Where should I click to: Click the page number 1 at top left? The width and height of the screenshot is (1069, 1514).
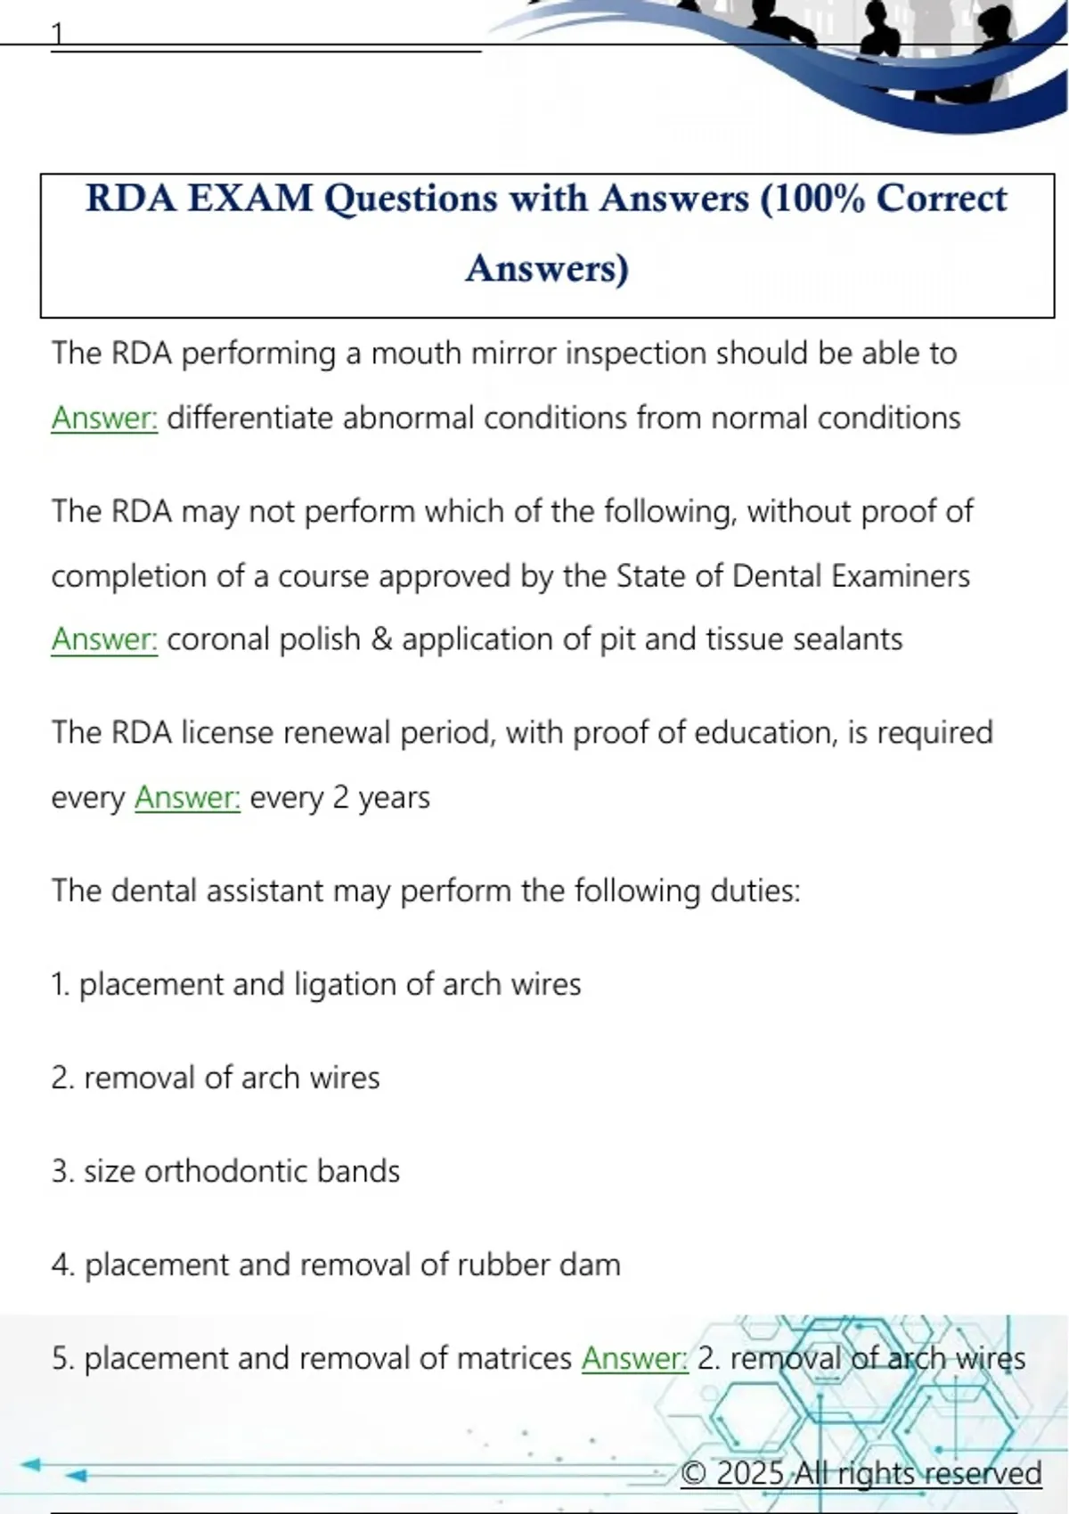[x=58, y=34]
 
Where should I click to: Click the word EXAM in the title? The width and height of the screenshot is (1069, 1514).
[x=250, y=199]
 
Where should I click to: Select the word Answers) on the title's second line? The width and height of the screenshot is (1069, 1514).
[x=547, y=268]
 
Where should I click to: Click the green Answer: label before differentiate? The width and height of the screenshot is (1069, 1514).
[x=104, y=418]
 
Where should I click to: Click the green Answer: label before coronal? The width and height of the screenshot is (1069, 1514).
[x=104, y=639]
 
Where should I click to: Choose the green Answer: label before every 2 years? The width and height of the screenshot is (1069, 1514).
[x=187, y=797]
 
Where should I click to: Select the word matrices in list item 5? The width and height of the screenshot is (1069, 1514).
[x=513, y=1358]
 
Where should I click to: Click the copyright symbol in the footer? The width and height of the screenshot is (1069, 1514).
[x=694, y=1473]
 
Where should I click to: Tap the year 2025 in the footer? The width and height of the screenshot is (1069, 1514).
[x=749, y=1473]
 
